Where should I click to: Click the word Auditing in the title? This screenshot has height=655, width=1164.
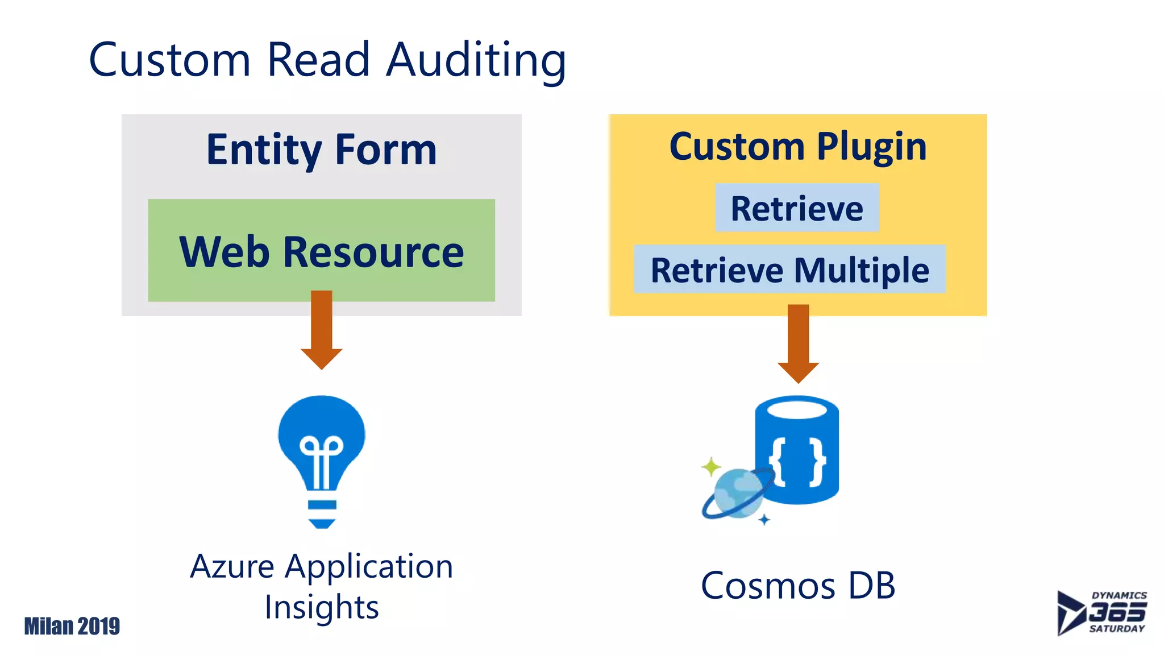(x=476, y=60)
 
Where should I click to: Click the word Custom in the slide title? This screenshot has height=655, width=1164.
(x=169, y=60)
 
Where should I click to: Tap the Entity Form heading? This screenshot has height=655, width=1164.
(x=322, y=149)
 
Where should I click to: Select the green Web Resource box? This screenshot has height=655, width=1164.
(x=322, y=250)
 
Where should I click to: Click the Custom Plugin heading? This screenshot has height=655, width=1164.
(x=798, y=147)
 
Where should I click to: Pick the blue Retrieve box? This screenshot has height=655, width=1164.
(x=797, y=208)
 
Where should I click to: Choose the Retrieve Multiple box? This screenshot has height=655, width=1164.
(x=789, y=270)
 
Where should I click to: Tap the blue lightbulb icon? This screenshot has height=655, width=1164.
(x=322, y=455)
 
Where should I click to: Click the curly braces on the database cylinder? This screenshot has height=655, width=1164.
(x=797, y=462)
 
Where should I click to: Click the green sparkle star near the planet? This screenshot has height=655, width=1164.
(x=710, y=467)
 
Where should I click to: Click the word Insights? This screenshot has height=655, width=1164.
(x=322, y=607)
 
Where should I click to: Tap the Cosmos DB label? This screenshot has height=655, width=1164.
(x=798, y=586)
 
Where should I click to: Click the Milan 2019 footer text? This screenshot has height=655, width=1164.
(x=72, y=626)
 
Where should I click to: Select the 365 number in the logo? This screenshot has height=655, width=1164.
(x=1117, y=612)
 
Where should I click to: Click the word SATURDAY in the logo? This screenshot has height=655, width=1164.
(x=1117, y=629)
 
